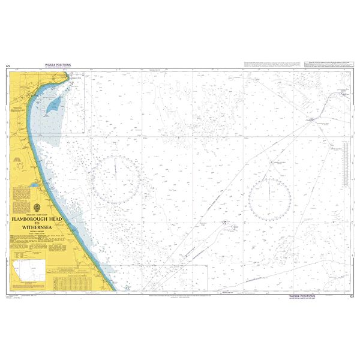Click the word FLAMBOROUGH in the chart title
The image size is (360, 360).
coord(31,220)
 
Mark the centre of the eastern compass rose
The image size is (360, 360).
coord(270,193)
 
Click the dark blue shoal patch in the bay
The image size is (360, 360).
coord(54,106)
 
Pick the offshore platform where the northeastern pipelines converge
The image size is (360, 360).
coord(311,120)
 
